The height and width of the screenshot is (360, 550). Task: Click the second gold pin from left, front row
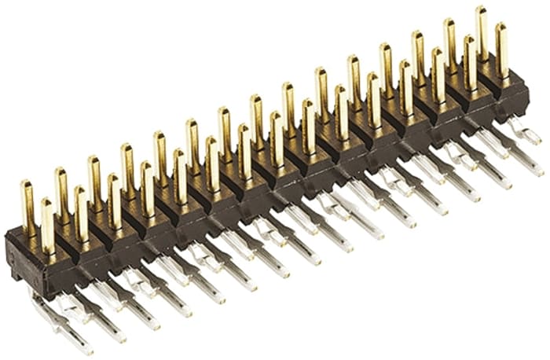coord(81,213)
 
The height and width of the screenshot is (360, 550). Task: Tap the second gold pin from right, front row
coord(469,63)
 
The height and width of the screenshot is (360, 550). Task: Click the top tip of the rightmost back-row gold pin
coord(481,9)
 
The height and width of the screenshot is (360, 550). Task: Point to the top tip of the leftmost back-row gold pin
coord(27,183)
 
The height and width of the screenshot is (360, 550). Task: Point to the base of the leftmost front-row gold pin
coord(49,250)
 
